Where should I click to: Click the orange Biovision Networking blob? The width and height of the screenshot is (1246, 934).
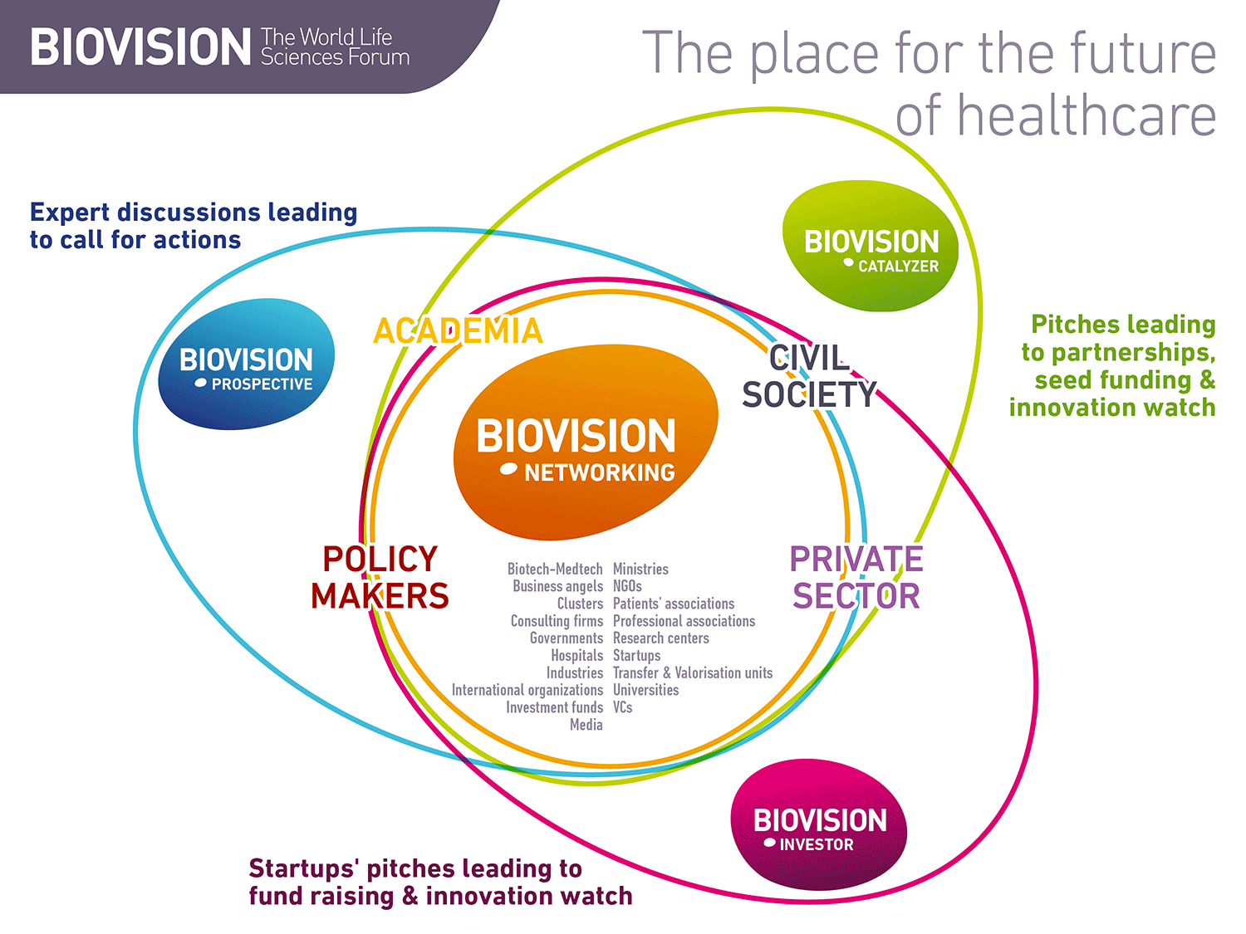[x=584, y=442]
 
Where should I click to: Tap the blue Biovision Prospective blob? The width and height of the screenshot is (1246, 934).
[x=247, y=365]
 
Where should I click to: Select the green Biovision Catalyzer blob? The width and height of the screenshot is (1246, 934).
[x=871, y=247]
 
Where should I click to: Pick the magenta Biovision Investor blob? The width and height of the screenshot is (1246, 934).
[x=819, y=825]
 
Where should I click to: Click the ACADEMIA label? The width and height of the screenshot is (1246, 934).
[x=458, y=331]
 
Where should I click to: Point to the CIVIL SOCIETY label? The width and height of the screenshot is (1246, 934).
[x=809, y=377]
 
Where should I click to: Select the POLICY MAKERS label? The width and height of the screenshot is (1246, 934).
[x=380, y=578]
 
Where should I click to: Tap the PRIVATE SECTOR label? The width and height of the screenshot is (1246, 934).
[x=856, y=578]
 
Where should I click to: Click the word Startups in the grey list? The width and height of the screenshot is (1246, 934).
[x=636, y=656]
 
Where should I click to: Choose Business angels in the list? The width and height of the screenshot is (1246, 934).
[x=557, y=586]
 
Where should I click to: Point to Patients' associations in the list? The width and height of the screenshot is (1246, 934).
[x=674, y=604]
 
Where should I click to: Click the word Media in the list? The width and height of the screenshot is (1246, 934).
[x=586, y=725]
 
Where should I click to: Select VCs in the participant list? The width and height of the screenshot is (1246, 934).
[x=622, y=707]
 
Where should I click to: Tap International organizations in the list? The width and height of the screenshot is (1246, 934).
[x=527, y=690]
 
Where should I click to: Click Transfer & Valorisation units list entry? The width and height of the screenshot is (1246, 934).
[x=693, y=672]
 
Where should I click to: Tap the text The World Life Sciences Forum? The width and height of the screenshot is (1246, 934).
[x=335, y=47]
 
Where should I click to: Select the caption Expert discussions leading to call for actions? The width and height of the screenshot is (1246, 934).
[x=194, y=226]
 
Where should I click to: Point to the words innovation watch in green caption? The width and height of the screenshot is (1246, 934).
[x=1112, y=408]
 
